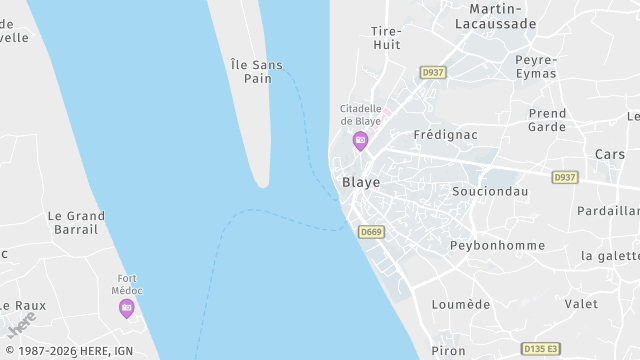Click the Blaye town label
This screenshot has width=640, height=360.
click(361, 183)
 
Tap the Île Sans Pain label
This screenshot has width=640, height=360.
click(257, 71)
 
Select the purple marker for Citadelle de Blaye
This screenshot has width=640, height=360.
click(360, 140)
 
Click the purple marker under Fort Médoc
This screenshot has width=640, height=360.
click(126, 308)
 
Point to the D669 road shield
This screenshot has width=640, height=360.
click(371, 232)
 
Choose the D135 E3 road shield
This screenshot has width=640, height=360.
click(541, 348)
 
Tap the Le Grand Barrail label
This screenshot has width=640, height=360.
click(76, 222)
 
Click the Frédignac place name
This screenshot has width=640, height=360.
click(445, 134)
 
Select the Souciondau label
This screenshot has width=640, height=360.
click(490, 191)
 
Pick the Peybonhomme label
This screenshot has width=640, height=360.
click(497, 245)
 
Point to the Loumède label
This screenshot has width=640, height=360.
click(460, 304)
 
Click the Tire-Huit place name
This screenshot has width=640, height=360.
click(386, 38)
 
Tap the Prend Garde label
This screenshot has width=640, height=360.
click(547, 120)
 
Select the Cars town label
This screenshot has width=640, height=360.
click(609, 155)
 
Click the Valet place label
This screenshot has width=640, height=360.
click(581, 304)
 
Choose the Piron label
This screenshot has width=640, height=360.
click(448, 351)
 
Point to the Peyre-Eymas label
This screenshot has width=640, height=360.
click(536, 66)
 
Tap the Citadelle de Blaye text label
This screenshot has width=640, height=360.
click(360, 114)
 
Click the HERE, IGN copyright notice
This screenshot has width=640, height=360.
click(67, 351)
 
